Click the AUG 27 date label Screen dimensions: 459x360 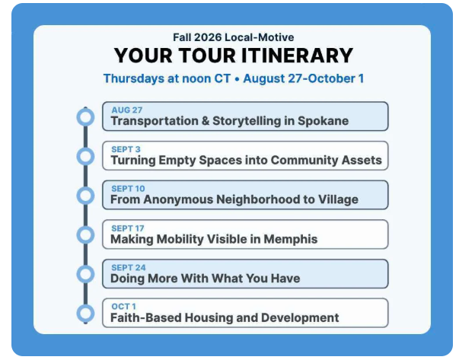point(127,110)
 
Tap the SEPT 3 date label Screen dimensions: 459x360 point(126,149)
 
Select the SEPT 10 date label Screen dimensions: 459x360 point(128,189)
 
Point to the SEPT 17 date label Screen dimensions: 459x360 point(128,228)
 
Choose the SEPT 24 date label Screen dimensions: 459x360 point(129,267)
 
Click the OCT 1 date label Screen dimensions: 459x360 point(123,307)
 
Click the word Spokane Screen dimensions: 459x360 point(324,121)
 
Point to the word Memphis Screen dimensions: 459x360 point(291,239)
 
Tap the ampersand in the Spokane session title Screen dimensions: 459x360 point(206,121)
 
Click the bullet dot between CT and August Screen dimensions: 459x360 point(237,79)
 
